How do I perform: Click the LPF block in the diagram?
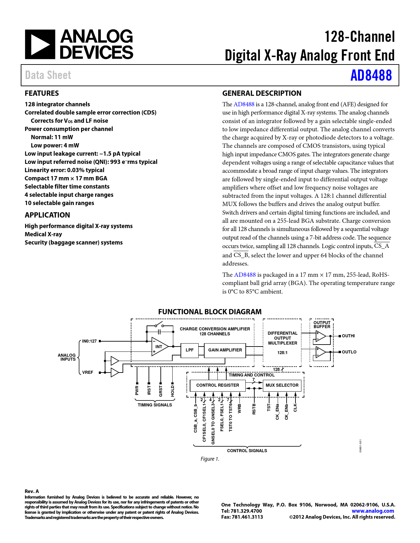tap(189, 350)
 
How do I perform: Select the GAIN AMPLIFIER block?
tap(225, 350)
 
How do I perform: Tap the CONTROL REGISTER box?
tap(217, 385)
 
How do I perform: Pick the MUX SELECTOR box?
tap(282, 385)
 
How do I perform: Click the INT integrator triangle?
tap(159, 347)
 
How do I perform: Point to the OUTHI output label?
tap(348, 336)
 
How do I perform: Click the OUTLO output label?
tap(349, 352)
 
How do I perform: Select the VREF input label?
tap(88, 373)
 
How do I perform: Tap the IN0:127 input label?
tap(89, 341)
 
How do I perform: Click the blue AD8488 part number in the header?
tap(371, 75)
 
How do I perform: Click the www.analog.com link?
tap(373, 511)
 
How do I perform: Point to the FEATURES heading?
tap(42, 93)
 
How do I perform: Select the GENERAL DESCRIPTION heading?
tap(262, 93)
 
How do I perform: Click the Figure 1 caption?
tap(210, 459)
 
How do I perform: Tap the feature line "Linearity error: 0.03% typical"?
tap(65, 170)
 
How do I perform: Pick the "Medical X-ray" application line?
tap(43, 234)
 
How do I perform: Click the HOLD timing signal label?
tap(173, 391)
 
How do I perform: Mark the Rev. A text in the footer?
tap(32, 491)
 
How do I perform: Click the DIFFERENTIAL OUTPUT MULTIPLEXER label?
tap(282, 338)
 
